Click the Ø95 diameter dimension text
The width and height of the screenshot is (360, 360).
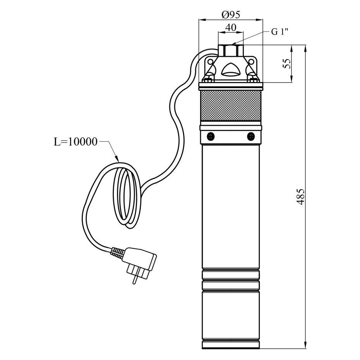point(231,15)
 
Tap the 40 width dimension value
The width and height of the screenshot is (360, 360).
point(231,28)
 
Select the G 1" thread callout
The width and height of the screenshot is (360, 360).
point(280,32)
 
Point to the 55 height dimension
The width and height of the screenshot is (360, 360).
point(287,63)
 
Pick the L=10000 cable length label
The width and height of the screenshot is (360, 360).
point(75,142)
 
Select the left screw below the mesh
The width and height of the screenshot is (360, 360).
point(211,136)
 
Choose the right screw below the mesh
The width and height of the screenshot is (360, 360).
point(251,136)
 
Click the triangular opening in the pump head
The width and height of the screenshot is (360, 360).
point(231,70)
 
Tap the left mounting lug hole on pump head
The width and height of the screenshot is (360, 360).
point(210,62)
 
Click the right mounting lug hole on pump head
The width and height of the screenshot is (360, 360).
point(252,62)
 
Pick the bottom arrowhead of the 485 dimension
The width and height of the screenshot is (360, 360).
point(306,346)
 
